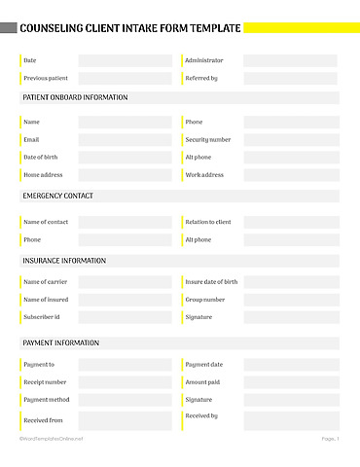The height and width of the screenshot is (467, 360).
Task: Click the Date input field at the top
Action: tap(125, 60)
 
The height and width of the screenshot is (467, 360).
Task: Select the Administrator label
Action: tap(203, 60)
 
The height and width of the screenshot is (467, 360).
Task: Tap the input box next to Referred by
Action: tap(290, 78)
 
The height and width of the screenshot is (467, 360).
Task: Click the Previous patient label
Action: tap(46, 78)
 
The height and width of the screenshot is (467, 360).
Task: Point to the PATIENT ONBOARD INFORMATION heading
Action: tap(75, 97)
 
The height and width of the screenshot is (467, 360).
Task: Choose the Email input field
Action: tap(125, 140)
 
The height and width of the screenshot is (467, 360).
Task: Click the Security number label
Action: tap(208, 140)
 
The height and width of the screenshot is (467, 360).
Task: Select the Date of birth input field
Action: tap(125, 158)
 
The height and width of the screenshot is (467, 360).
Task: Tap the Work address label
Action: tap(204, 175)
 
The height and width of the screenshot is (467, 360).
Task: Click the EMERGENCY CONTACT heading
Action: tap(58, 196)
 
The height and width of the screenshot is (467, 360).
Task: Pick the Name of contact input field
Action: tap(125, 222)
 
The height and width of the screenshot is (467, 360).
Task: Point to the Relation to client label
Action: tap(208, 222)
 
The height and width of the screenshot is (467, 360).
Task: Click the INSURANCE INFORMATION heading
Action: tap(64, 261)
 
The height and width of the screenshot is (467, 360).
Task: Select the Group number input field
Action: tap(290, 300)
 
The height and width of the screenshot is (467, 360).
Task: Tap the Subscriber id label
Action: tap(42, 317)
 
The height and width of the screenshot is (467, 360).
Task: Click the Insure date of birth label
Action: tap(211, 282)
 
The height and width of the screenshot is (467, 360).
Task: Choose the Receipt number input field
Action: tap(125, 382)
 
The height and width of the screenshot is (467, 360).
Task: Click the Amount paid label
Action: tap(202, 382)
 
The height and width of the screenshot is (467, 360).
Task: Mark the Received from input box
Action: tap(125, 420)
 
